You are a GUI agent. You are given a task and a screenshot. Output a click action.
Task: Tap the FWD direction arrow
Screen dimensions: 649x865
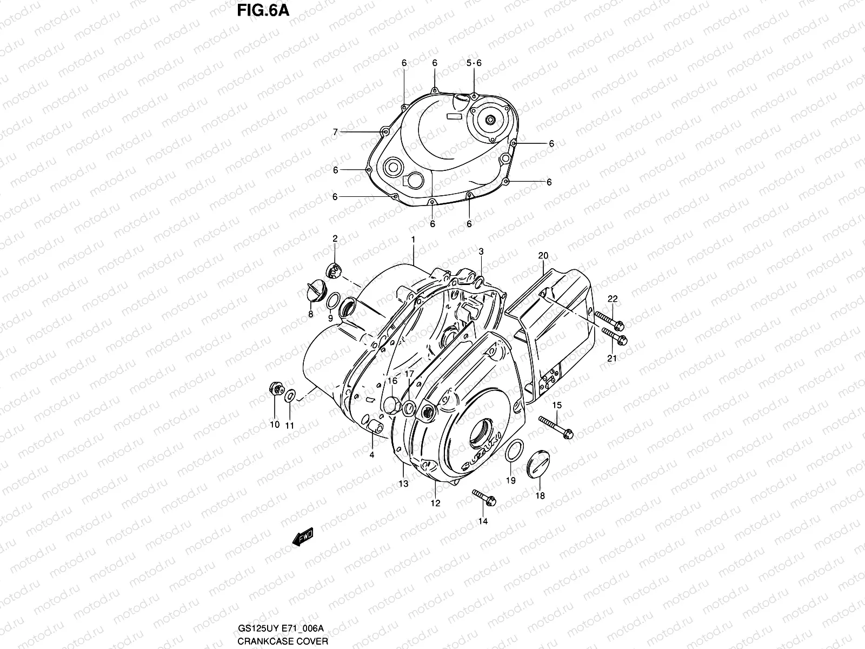click(x=302, y=537)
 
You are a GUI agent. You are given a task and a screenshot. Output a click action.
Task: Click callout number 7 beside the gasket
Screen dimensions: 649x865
click(x=335, y=132)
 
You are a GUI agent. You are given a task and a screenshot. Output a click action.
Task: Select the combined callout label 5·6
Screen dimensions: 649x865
click(x=474, y=63)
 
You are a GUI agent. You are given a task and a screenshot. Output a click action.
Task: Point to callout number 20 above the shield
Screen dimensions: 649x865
click(x=543, y=255)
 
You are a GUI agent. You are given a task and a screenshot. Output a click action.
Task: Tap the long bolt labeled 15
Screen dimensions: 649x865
click(x=556, y=427)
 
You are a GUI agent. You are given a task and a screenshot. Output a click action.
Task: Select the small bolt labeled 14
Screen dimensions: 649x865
click(x=484, y=498)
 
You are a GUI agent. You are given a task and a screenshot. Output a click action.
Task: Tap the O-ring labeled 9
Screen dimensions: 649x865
click(x=334, y=301)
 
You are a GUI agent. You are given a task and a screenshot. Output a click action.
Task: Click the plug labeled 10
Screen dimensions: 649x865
click(x=276, y=389)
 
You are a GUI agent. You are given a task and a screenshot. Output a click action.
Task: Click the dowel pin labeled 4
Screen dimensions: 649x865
click(x=374, y=429)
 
